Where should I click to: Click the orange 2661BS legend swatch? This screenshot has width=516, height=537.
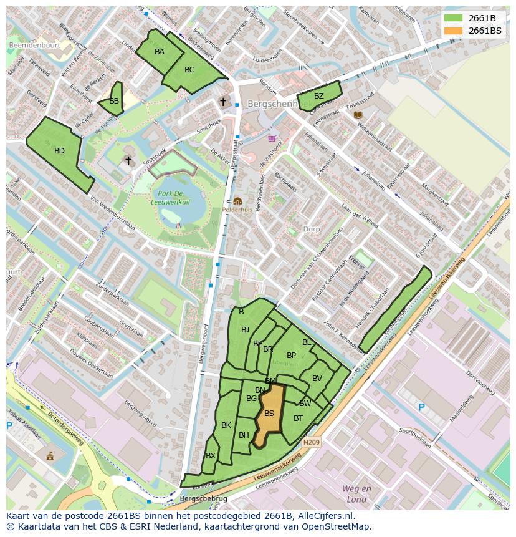tap(453, 31)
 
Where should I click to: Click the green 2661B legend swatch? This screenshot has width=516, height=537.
tap(453, 18)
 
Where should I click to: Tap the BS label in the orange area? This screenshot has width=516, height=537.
tap(269, 414)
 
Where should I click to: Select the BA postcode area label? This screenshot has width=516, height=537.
tap(160, 52)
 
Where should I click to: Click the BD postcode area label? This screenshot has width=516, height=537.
tap(59, 151)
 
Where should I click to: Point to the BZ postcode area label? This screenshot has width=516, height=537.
tap(318, 96)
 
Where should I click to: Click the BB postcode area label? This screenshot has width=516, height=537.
tap(114, 101)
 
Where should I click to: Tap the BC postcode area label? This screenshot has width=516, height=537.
tap(189, 70)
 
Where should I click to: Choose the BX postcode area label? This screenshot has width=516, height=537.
tap(211, 456)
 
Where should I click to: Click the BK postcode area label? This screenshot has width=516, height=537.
tap(226, 425)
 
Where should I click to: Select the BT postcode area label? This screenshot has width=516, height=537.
tap(298, 418)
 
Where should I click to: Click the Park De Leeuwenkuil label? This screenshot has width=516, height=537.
tap(174, 198)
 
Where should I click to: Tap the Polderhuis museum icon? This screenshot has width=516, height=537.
tap(237, 201)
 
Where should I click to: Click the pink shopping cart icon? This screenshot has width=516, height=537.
tap(272, 138)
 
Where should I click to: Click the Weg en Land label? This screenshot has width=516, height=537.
tap(356, 494)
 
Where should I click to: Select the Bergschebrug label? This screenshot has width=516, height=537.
tap(203, 499)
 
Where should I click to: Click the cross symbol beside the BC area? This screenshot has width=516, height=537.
tap(222, 101)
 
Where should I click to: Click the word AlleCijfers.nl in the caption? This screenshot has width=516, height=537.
tap(324, 516)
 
